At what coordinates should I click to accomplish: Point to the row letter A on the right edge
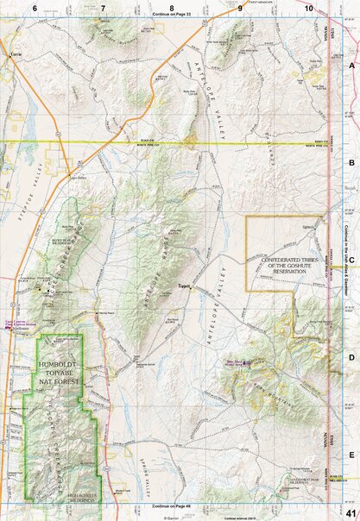coord(351,65)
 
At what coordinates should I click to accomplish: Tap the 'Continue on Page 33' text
coord(171,16)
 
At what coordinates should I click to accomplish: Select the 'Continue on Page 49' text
coord(171,506)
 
